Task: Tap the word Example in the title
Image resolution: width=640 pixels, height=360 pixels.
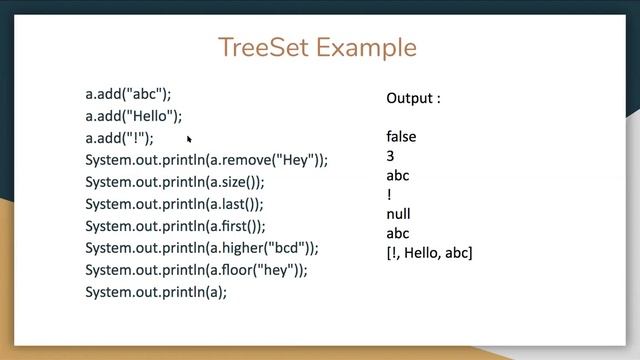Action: point(367,47)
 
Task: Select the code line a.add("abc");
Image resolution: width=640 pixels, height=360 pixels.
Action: point(128,94)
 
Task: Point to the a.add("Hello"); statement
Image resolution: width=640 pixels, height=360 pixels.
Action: point(134,116)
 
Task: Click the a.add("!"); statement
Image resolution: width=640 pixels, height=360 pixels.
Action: point(120,138)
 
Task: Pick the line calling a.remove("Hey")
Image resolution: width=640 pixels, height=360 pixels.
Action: point(206,160)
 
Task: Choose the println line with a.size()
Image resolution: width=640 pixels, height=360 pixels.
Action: point(175,182)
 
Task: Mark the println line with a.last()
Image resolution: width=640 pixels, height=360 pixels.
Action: point(174,204)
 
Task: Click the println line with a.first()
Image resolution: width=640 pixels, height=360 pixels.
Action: point(175,226)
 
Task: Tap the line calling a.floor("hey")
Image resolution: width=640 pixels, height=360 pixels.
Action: point(196,270)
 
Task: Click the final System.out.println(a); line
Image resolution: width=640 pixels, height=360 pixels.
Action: point(156,292)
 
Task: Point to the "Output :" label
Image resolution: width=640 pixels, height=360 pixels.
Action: point(413,98)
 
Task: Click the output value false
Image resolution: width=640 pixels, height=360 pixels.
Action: point(401,137)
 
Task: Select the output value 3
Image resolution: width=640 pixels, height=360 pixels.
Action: point(390,156)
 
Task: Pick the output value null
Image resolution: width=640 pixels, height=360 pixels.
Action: point(398,214)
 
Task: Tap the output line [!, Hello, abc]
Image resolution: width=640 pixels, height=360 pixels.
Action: point(429,253)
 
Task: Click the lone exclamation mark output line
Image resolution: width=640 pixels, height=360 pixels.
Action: point(389,195)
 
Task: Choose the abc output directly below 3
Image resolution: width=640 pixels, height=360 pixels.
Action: point(397,176)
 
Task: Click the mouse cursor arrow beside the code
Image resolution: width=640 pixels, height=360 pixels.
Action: point(189,140)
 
